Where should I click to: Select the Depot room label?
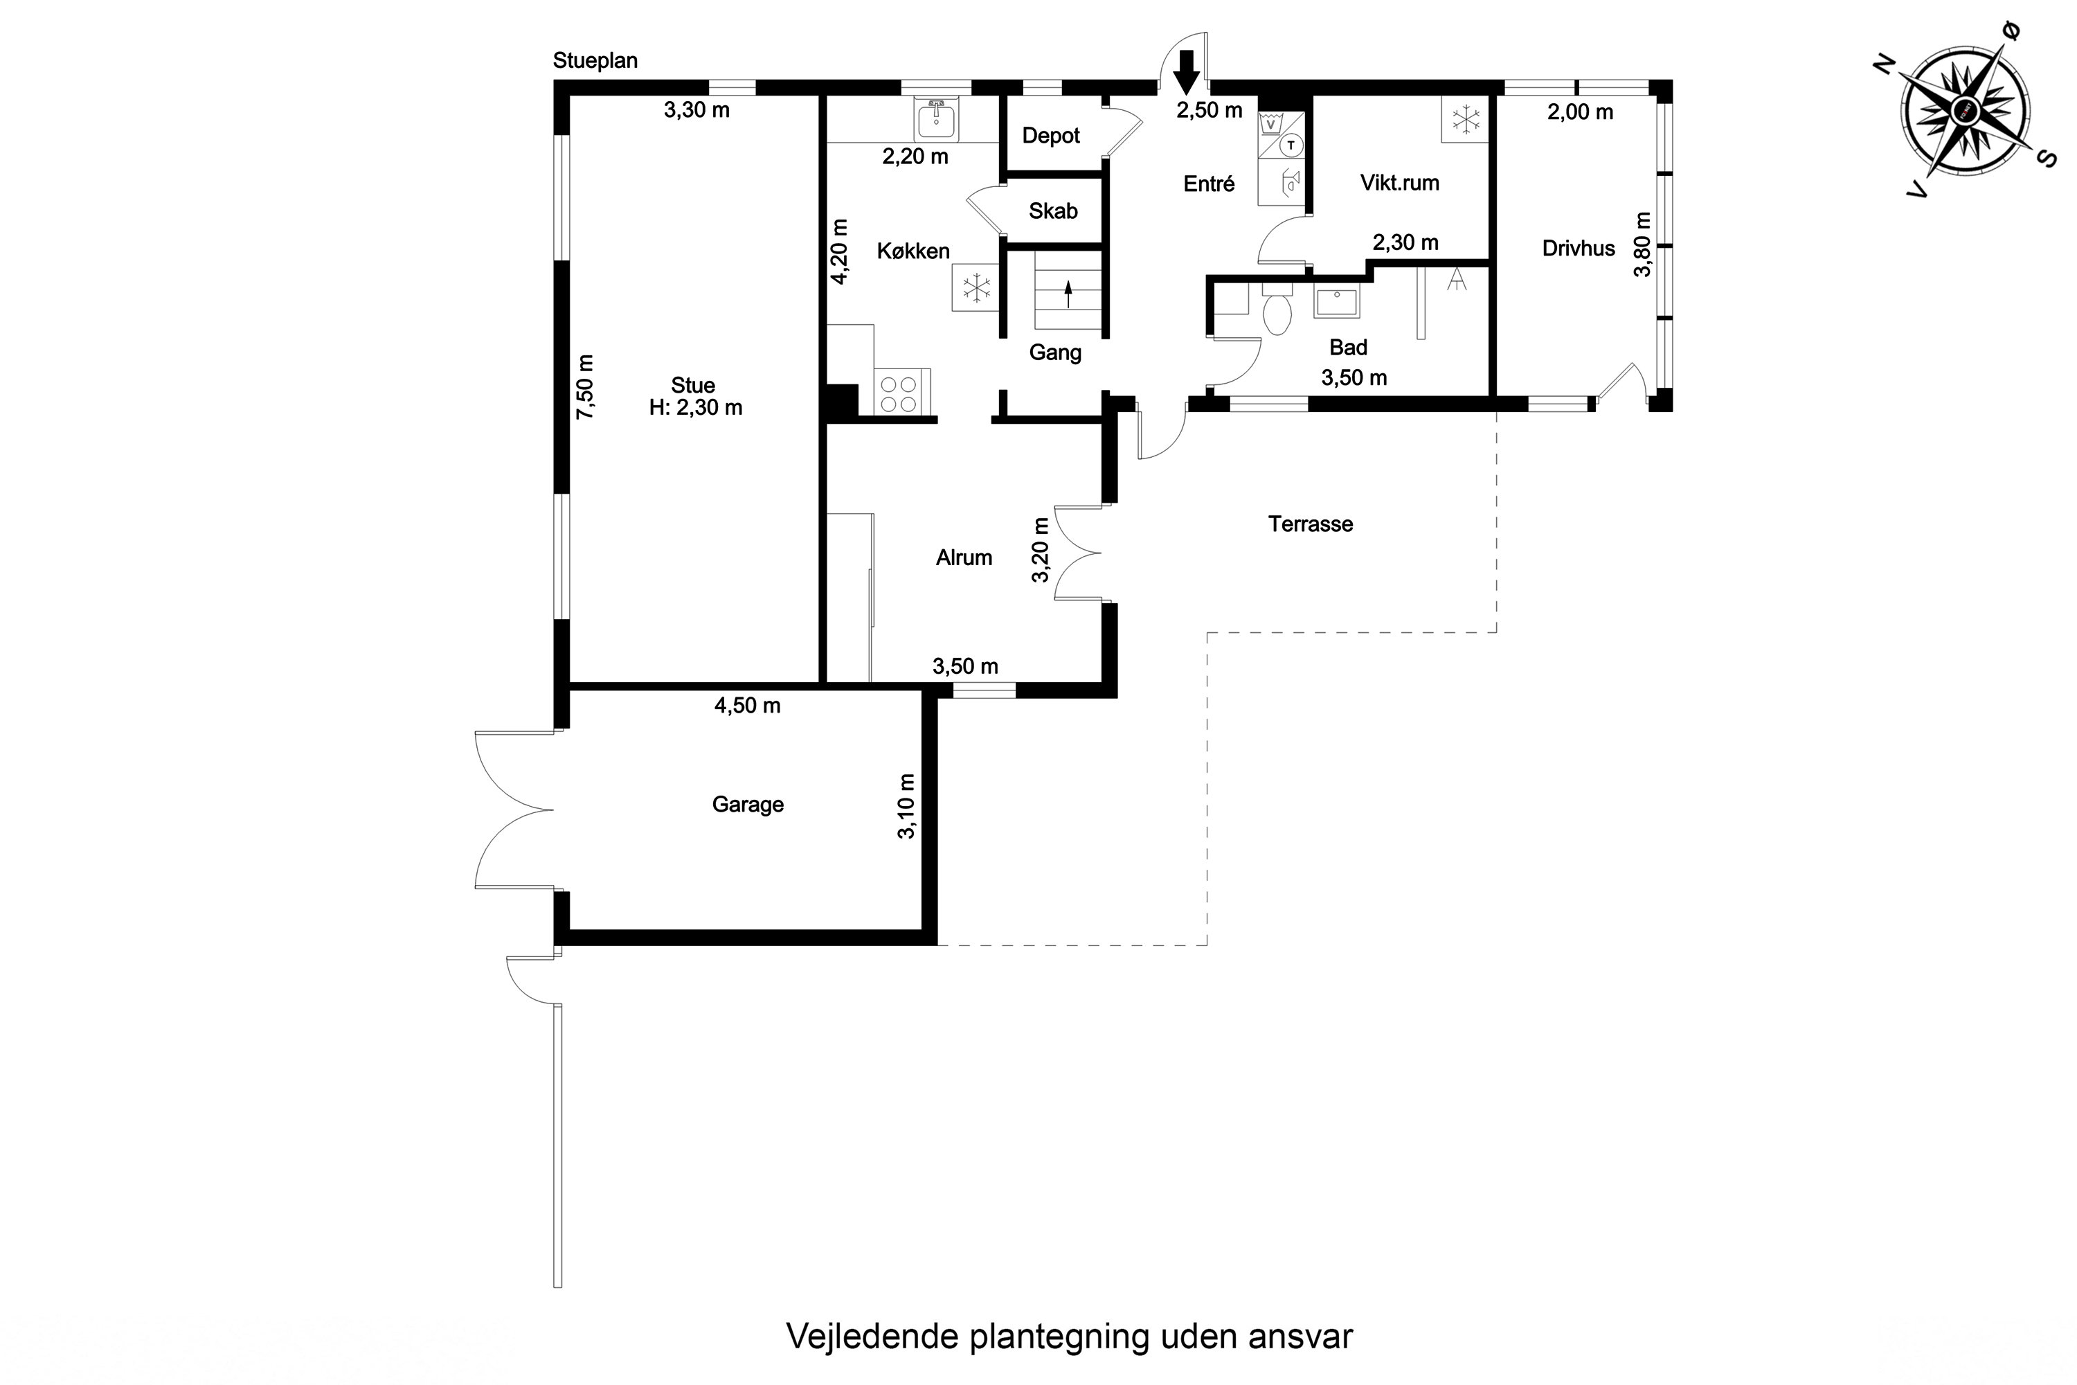click(1051, 136)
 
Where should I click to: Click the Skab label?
click(1052, 211)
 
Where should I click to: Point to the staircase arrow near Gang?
click(1068, 293)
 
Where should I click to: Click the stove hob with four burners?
click(898, 394)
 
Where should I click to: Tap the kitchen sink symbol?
click(936, 120)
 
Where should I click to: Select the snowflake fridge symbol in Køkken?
click(975, 288)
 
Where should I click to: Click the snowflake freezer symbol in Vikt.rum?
click(1466, 119)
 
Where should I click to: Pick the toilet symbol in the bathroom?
click(1277, 312)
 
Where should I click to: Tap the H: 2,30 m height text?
click(695, 408)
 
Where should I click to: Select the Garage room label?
click(747, 805)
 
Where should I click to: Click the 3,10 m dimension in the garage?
click(906, 805)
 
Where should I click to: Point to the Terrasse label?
click(1310, 524)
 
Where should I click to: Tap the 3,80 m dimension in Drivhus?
click(1642, 244)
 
